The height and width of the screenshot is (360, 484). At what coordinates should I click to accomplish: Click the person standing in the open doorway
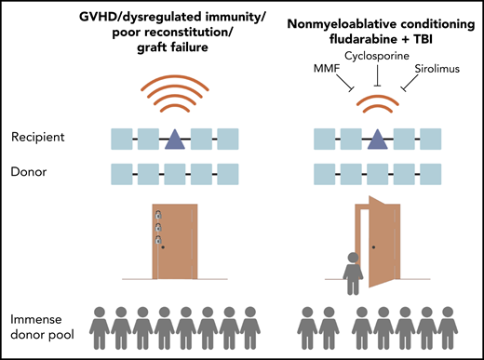pos(351,269)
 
